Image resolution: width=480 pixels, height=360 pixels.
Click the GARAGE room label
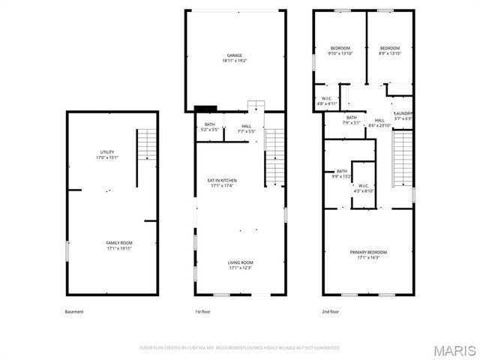(x=234, y=58)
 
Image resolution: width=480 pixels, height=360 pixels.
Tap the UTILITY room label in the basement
(x=107, y=154)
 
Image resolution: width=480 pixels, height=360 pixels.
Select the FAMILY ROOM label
(x=118, y=246)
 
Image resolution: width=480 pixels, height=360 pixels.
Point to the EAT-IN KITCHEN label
(x=222, y=183)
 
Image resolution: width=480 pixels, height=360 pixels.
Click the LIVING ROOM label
(x=240, y=265)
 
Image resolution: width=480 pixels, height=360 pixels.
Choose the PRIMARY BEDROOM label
(x=367, y=255)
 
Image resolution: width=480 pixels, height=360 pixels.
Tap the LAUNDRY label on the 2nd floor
(x=403, y=116)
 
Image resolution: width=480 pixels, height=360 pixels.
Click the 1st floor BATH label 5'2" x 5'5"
(x=209, y=127)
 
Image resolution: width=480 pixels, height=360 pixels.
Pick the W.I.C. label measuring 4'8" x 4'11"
(x=327, y=101)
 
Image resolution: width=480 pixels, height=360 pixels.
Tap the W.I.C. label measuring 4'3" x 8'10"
(x=363, y=188)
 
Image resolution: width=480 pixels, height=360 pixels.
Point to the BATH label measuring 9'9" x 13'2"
(x=341, y=174)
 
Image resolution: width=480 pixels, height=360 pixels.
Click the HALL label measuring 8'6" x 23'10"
(x=379, y=123)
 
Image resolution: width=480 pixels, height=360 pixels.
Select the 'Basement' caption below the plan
(x=74, y=311)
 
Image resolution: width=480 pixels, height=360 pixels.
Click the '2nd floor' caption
(x=331, y=311)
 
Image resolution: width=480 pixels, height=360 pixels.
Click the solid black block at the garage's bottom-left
(x=205, y=108)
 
